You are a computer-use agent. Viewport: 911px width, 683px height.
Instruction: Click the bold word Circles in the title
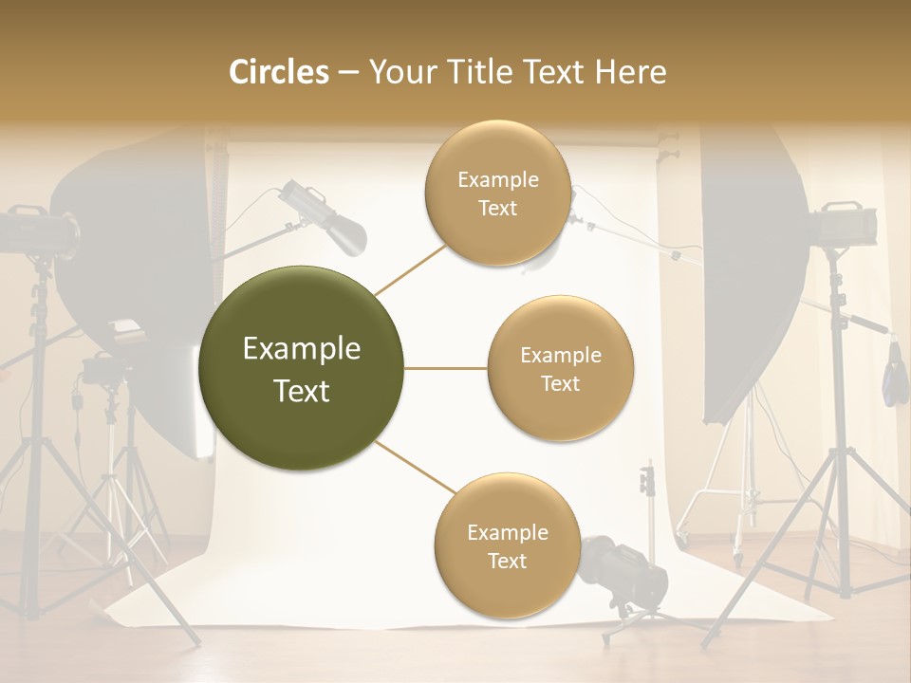tap(278, 72)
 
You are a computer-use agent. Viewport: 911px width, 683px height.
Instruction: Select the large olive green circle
tap(302, 368)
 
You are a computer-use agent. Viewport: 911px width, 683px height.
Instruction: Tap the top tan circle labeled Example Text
tap(497, 193)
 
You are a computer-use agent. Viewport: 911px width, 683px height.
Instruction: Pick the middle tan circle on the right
tap(560, 368)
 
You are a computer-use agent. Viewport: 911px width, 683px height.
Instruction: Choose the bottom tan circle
tap(507, 545)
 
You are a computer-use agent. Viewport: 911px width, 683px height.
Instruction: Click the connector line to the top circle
tap(410, 268)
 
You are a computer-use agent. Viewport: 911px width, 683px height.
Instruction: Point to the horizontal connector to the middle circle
tap(446, 368)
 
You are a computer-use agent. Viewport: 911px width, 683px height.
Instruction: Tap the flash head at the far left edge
tap(38, 231)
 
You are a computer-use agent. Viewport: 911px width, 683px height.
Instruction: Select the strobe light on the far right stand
tap(842, 224)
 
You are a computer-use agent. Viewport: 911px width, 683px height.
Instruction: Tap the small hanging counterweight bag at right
tap(891, 379)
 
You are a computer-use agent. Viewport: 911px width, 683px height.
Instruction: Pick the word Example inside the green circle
tap(302, 349)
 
